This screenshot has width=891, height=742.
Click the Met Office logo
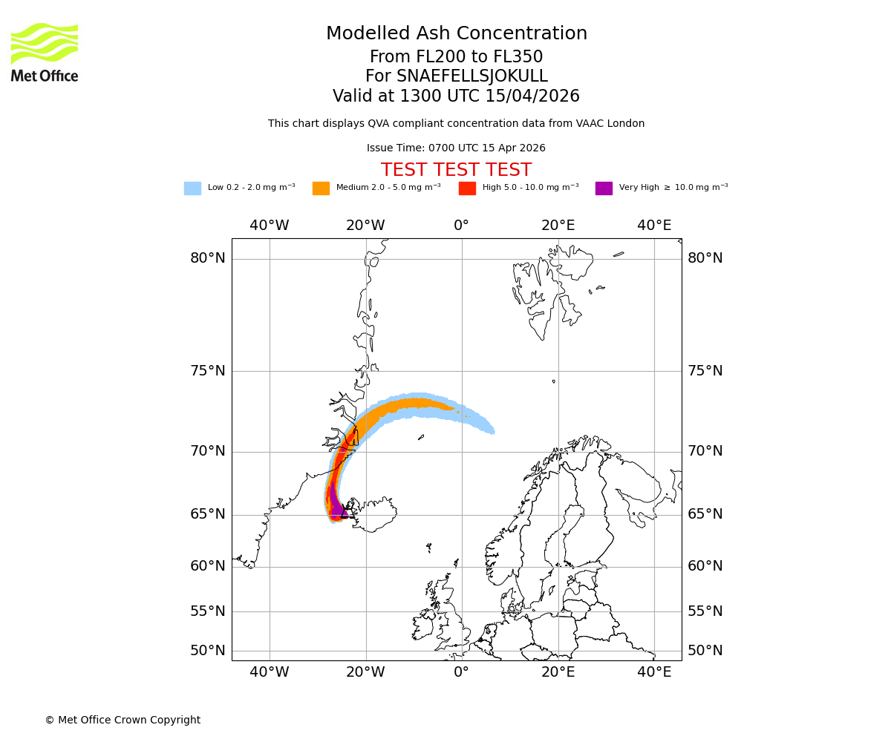click(x=45, y=52)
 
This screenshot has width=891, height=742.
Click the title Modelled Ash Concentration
click(x=456, y=34)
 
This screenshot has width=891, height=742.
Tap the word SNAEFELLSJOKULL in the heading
click(x=472, y=76)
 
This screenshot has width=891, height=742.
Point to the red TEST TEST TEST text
click(x=456, y=171)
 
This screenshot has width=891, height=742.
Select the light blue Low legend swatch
click(x=192, y=188)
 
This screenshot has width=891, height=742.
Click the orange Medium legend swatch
click(x=321, y=188)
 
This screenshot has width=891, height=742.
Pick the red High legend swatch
click(x=467, y=188)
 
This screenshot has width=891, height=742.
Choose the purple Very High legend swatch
click(x=604, y=188)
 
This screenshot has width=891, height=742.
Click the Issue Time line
click(x=456, y=148)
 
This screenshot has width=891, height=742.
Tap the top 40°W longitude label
click(x=269, y=226)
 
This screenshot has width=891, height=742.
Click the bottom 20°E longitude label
click(x=558, y=672)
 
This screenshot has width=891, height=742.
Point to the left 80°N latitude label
click(x=207, y=258)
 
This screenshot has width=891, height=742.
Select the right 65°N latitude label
click(x=705, y=514)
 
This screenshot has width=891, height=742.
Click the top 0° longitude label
click(x=461, y=226)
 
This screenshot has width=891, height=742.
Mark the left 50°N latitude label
click(x=207, y=651)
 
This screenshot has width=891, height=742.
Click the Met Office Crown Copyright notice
click(x=123, y=720)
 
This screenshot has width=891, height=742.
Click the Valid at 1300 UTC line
click(x=456, y=96)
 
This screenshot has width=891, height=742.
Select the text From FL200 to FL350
click(x=456, y=57)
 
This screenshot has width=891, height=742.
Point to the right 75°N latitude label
click(x=705, y=371)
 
